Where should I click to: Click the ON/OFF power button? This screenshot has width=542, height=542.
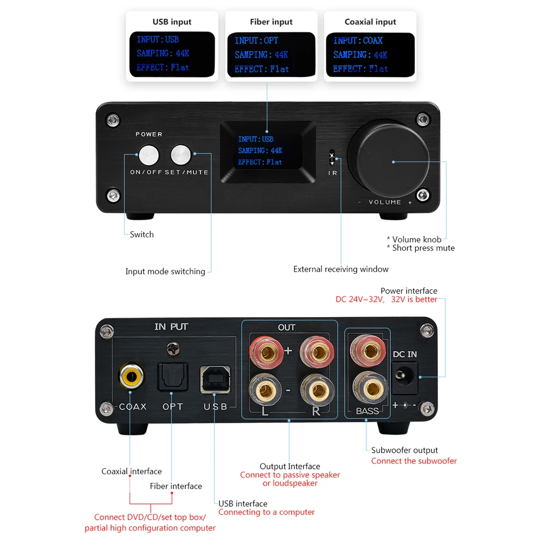click(x=149, y=155)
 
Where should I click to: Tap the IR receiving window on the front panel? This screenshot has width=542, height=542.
click(x=332, y=158)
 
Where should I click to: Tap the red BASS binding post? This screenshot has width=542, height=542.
click(x=366, y=351)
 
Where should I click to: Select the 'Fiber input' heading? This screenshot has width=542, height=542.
click(x=271, y=22)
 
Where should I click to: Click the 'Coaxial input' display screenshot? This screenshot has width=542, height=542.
click(x=370, y=55)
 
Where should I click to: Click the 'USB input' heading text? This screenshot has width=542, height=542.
click(x=172, y=22)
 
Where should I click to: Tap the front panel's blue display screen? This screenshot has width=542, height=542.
click(x=266, y=151)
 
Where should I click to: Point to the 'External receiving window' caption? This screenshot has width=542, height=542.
click(x=341, y=269)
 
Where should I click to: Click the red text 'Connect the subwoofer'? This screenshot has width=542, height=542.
click(x=414, y=461)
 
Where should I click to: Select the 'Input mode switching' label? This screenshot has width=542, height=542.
click(x=165, y=272)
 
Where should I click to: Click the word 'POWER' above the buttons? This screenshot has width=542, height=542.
click(x=149, y=134)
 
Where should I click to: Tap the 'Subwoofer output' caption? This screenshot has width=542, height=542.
click(x=404, y=450)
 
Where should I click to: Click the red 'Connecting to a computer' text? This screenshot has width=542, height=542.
click(x=266, y=512)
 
